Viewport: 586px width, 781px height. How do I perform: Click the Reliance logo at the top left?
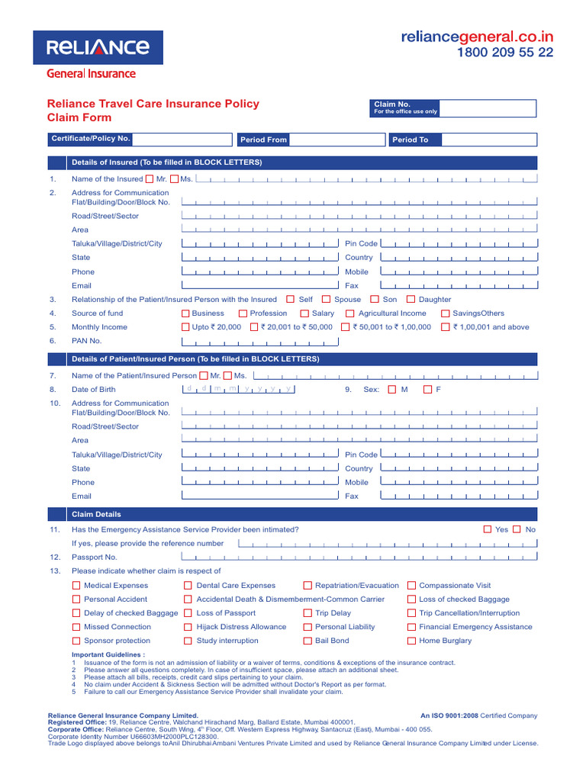pyautogui.click(x=98, y=47)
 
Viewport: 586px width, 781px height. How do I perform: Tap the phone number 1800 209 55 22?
pyautogui.click(x=505, y=53)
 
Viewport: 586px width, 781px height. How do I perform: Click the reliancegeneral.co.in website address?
pyautogui.click(x=478, y=37)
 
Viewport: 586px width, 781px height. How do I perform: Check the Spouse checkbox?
pyautogui.click(x=327, y=300)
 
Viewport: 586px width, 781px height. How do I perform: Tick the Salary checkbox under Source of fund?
pyautogui.click(x=304, y=313)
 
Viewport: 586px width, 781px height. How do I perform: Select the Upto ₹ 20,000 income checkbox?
pyautogui.click(x=185, y=327)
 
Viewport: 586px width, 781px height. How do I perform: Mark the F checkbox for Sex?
pyautogui.click(x=428, y=390)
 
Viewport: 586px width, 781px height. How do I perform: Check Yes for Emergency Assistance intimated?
pyautogui.click(x=488, y=529)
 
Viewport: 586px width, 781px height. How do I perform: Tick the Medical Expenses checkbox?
pyautogui.click(x=76, y=586)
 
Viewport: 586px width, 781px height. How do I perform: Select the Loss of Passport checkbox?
pyautogui.click(x=188, y=613)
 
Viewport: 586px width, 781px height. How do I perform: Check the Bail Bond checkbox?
pyautogui.click(x=307, y=641)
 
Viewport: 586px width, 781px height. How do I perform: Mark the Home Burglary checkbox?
pyautogui.click(x=411, y=641)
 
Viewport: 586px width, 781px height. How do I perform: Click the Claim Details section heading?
pyautogui.click(x=96, y=514)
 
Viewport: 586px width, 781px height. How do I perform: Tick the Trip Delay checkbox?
pyautogui.click(x=307, y=613)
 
